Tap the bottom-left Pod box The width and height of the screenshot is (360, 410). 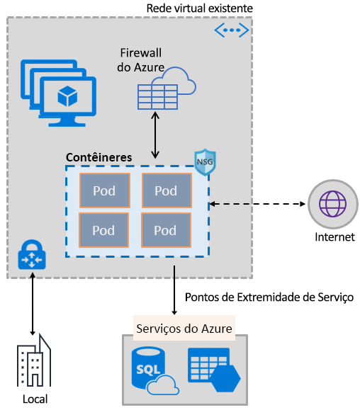pos(103,229)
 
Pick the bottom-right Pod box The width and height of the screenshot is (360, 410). pos(166,229)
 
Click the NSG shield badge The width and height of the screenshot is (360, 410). pos(205,161)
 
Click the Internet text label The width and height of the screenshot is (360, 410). pos(334,237)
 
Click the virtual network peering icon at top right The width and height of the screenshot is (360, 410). pos(232,30)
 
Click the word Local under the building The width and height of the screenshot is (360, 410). pos(35,399)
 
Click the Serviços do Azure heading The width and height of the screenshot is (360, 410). pos(184,329)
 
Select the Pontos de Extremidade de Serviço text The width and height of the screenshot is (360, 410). pos(269,297)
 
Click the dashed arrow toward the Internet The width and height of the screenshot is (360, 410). pos(258,204)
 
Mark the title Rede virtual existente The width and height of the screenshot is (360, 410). pos(199,7)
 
